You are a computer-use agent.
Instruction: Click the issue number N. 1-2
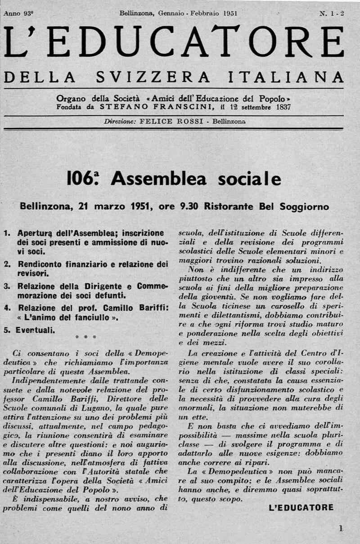tap(332, 13)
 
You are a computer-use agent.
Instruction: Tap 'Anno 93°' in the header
tap(18, 13)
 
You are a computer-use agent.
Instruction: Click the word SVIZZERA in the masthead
tap(153, 77)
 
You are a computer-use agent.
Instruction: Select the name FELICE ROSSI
tap(164, 121)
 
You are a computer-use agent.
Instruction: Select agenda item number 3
tap(7, 286)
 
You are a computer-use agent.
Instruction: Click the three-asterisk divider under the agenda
tap(86, 337)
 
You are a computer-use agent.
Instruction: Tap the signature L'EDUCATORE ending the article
tap(301, 508)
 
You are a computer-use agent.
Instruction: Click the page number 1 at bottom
tap(341, 529)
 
